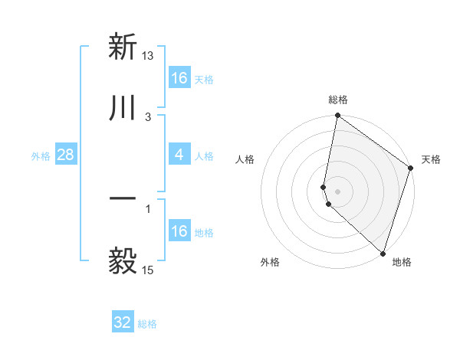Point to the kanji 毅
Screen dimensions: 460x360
coord(123,261)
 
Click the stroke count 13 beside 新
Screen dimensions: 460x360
coord(148,55)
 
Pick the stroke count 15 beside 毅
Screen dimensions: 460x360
coord(148,270)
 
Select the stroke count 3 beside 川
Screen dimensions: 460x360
coord(148,116)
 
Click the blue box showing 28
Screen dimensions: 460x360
coord(66,155)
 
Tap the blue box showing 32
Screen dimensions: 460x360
coord(123,322)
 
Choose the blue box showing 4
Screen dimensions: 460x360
coord(179,155)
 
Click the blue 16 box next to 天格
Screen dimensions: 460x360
coord(179,78)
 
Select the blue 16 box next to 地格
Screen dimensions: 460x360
coord(179,231)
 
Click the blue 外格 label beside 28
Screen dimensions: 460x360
coord(41,156)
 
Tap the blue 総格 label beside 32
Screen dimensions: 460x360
coord(147,324)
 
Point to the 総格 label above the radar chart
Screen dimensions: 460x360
coord(338,100)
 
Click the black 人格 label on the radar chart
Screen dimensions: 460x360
coord(245,159)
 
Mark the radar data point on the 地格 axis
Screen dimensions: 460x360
coord(383,253)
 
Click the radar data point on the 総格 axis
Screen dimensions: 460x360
coord(337,116)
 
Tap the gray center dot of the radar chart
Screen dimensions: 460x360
coord(337,191)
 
